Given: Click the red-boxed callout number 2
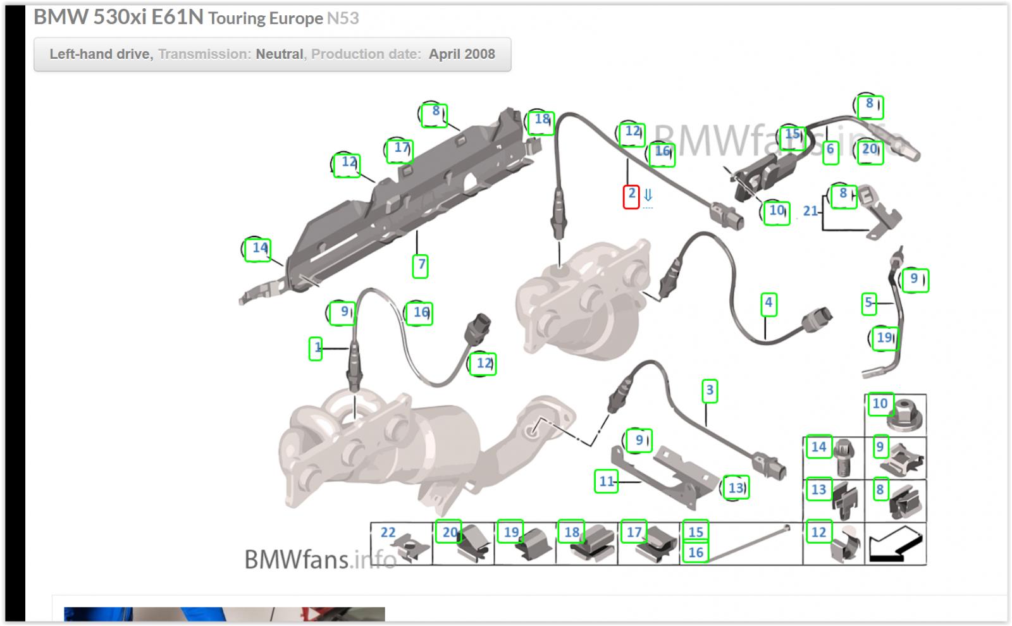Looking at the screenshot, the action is (631, 197).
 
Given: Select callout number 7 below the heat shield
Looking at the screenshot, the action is (421, 266).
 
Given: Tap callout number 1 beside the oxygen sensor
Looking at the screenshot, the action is (316, 348).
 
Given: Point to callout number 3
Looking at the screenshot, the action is (709, 391).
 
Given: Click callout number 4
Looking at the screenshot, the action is (768, 304).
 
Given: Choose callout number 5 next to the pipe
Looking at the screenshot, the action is (868, 304).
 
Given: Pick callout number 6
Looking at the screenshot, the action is (830, 152).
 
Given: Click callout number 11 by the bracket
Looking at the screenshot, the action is (607, 481).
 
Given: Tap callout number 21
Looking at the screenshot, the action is (810, 211).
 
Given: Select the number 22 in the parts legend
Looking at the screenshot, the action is (388, 532).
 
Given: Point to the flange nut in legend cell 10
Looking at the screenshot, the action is (904, 415).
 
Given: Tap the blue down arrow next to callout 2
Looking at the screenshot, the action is (648, 195).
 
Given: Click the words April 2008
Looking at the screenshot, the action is (462, 54).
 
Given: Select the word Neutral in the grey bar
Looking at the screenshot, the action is (279, 54).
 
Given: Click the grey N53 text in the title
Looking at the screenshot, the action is (343, 18).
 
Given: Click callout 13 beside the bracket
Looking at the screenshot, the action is (736, 488).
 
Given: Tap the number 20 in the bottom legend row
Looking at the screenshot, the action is (449, 532).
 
